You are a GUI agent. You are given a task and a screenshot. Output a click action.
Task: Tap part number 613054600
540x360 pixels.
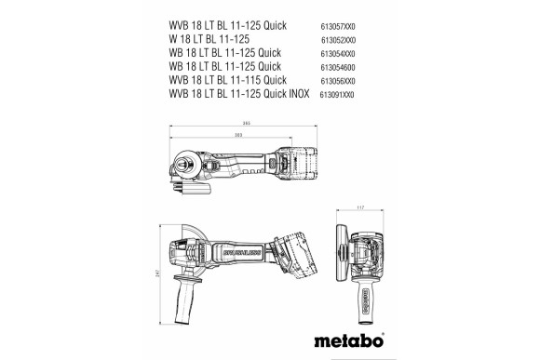click(343, 66)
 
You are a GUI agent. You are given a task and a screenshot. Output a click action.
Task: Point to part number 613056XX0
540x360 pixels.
click(343, 81)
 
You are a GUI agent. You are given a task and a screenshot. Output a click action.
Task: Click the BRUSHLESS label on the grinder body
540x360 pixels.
click(238, 250)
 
